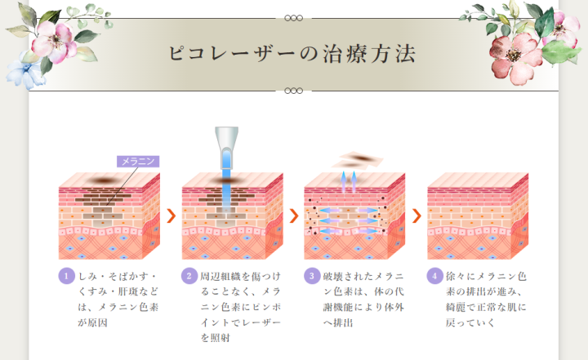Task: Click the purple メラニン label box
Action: (x=138, y=162)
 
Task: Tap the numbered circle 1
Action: (x=66, y=277)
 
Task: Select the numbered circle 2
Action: (x=189, y=277)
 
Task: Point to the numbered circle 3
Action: (x=312, y=277)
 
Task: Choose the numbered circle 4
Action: (x=435, y=277)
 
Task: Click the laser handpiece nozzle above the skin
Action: (x=226, y=148)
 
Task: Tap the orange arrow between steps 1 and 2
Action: (x=171, y=216)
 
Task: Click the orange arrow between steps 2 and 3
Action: (x=294, y=216)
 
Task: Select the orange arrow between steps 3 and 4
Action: (x=416, y=216)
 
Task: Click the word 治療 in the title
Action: (x=346, y=54)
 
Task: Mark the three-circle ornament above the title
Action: (x=294, y=18)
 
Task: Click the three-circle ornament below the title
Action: (x=294, y=91)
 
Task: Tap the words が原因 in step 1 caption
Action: (x=92, y=322)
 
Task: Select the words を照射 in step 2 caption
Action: (x=216, y=338)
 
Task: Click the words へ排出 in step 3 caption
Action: (x=338, y=322)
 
